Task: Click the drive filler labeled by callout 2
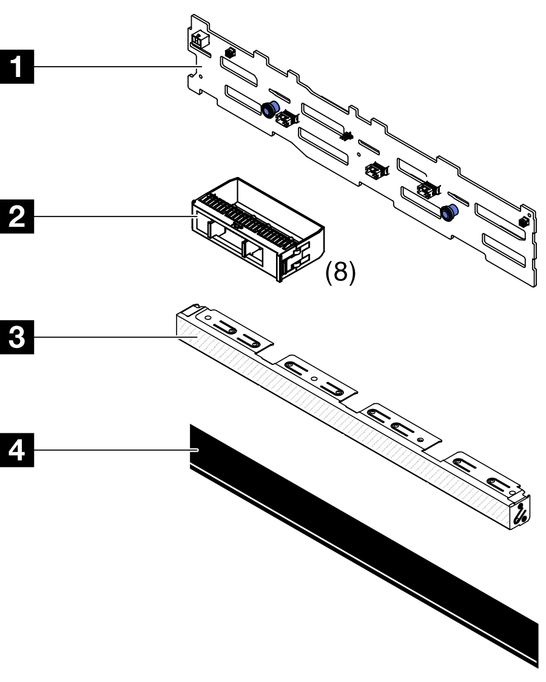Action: [x=255, y=230]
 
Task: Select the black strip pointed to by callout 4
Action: [x=364, y=546]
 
